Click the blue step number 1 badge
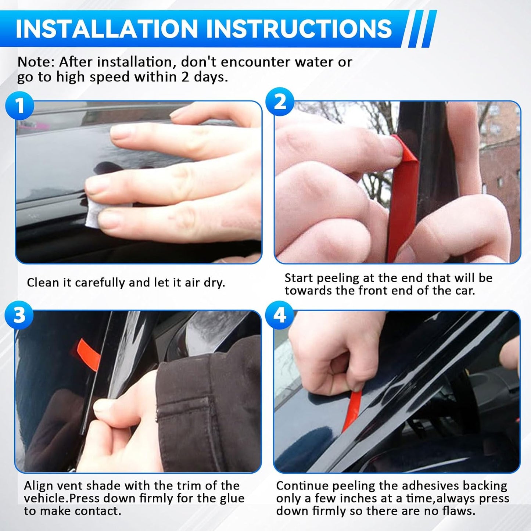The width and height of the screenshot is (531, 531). (x=20, y=106)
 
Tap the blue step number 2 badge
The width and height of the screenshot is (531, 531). (x=280, y=101)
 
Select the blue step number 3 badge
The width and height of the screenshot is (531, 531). (x=19, y=315)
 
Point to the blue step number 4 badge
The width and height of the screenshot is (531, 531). (x=280, y=315)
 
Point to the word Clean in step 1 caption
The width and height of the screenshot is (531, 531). (x=43, y=283)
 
